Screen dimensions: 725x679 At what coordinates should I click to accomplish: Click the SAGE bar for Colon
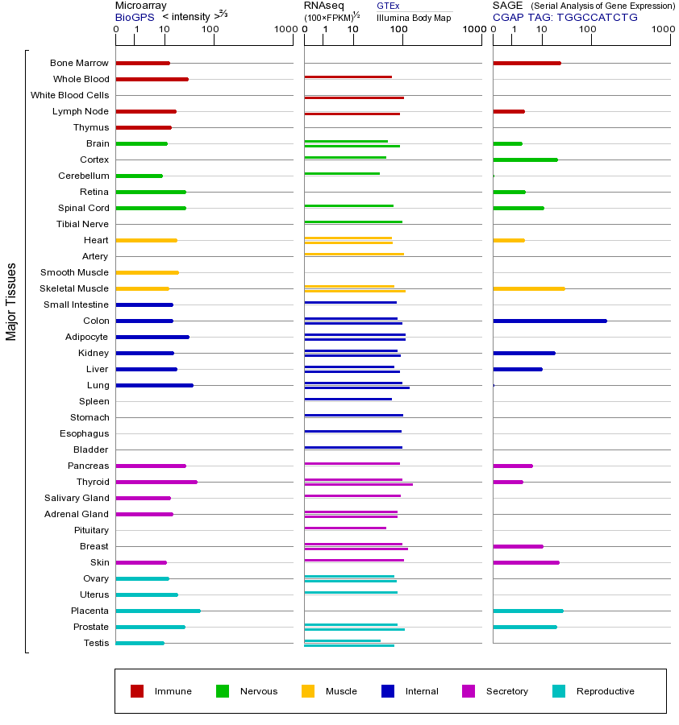pyautogui.click(x=549, y=321)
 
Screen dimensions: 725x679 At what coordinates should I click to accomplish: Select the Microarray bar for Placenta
pyautogui.click(x=158, y=611)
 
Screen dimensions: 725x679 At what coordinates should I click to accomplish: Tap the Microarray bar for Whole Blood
pyautogui.click(x=152, y=79)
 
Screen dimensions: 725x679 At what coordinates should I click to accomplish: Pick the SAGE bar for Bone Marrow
pyautogui.click(x=527, y=63)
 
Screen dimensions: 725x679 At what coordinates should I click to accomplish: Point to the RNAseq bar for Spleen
pyautogui.click(x=348, y=399)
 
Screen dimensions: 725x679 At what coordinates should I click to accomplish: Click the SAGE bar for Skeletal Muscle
pyautogui.click(x=528, y=288)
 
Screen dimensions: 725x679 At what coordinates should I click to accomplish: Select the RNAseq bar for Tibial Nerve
pyautogui.click(x=353, y=222)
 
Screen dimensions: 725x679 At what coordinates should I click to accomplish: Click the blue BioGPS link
pyautogui.click(x=134, y=17)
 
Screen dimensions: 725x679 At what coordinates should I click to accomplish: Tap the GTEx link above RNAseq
pyautogui.click(x=388, y=6)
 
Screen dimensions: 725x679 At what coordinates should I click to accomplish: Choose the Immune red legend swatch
pyautogui.click(x=137, y=691)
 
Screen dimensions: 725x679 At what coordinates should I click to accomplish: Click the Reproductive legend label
pyautogui.click(x=605, y=691)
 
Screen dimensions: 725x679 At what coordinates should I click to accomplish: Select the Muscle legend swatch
pyautogui.click(x=308, y=691)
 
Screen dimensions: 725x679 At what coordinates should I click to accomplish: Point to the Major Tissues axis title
pyautogui.click(x=11, y=301)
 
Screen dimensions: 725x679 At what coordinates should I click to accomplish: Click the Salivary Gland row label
pyautogui.click(x=76, y=498)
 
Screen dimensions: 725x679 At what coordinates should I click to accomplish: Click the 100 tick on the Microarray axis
pyautogui.click(x=210, y=30)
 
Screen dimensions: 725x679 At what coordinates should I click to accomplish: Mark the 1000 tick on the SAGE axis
pyautogui.click(x=663, y=30)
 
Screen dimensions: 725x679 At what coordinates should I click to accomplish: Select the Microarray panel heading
pyautogui.click(x=141, y=6)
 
